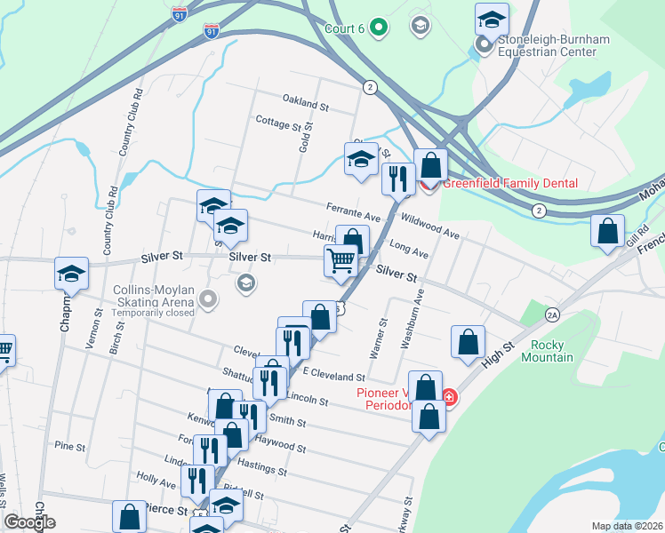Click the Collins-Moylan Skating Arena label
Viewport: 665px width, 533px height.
160,295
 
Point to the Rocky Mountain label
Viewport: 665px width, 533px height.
552,351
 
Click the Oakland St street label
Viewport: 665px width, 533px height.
306,104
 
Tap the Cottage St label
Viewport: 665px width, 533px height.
277,122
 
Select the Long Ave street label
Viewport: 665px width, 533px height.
409,253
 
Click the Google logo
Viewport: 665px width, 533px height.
29,522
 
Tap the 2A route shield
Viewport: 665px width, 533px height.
552,314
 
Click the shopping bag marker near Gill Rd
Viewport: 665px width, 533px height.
608,230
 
